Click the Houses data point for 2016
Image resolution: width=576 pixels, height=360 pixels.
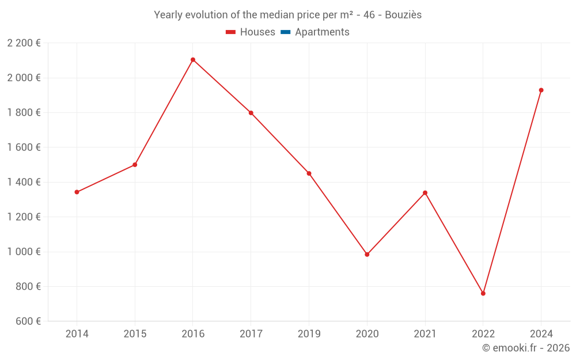coord(193,60)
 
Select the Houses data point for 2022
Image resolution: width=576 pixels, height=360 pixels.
coord(483,294)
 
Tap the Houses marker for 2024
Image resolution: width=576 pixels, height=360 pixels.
coord(541,90)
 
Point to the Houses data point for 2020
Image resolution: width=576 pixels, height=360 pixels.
coord(367,255)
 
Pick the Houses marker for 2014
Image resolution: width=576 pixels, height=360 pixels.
coord(77,192)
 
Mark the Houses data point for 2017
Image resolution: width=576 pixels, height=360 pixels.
coord(251,113)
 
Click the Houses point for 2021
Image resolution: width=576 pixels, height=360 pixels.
coord(425,193)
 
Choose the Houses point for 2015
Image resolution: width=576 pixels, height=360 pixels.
coord(135,165)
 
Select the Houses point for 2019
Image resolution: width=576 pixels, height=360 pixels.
coord(309,173)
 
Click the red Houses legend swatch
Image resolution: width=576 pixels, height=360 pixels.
coord(230,32)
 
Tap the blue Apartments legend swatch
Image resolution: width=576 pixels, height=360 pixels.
coord(286,32)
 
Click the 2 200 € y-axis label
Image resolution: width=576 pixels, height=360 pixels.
coord(24,43)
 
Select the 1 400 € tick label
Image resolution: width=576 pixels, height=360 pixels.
coord(24,182)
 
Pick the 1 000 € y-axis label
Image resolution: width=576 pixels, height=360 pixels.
coord(24,252)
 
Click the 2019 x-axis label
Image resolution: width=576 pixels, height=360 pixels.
coord(309,334)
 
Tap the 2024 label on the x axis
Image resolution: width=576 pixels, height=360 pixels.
coord(541,334)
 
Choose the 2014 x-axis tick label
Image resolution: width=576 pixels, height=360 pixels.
coord(77,334)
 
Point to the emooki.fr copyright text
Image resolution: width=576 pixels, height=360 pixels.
coord(526,348)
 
